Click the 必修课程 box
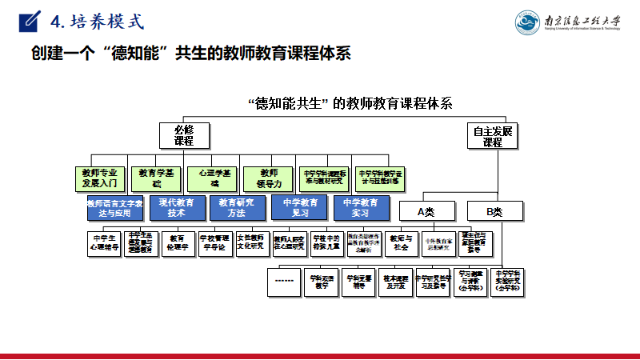point(185,135)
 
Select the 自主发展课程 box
point(492,135)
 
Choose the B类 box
point(495,211)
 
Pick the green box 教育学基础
point(158,178)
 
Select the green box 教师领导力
point(270,178)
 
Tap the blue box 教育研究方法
point(238,208)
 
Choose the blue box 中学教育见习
point(300,208)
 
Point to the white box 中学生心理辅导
point(104,242)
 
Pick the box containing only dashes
point(286,282)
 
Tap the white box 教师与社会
point(401,242)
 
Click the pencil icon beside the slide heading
point(30,19)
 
